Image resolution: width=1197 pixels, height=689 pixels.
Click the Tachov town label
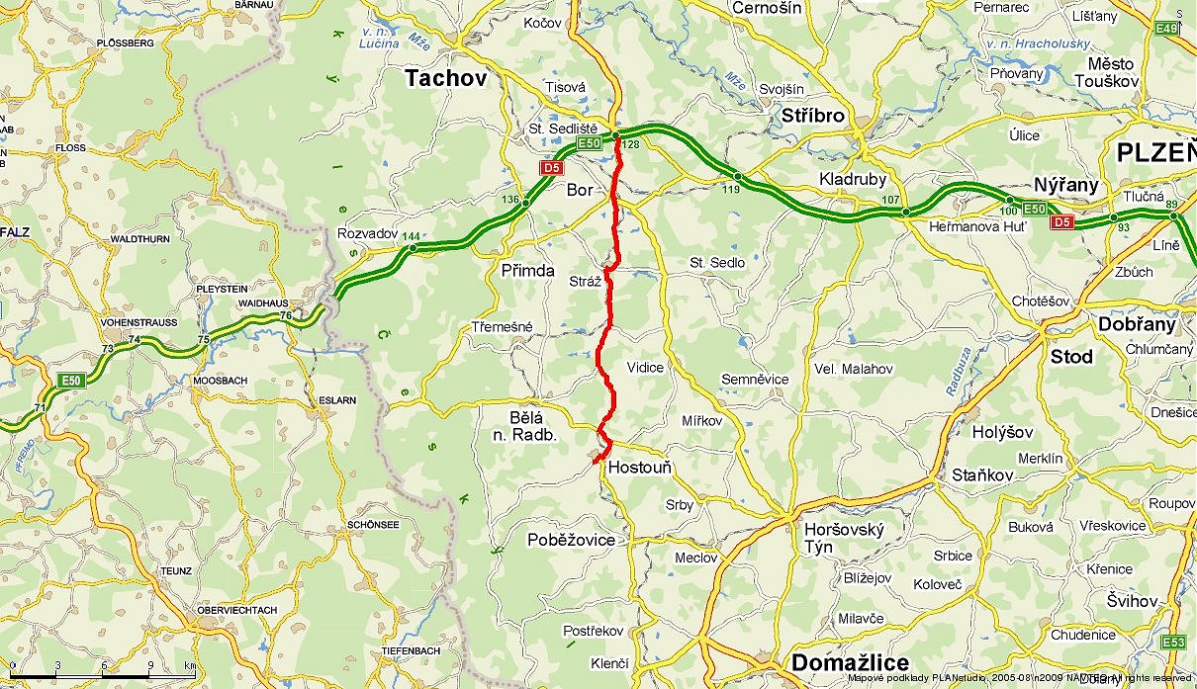(446, 80)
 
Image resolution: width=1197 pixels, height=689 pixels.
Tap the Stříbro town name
(812, 116)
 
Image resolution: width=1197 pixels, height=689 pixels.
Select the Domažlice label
(850, 663)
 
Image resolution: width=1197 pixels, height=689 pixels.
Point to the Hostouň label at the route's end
(640, 468)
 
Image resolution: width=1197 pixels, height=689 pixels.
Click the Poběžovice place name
(571, 540)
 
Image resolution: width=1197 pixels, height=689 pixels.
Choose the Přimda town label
(527, 271)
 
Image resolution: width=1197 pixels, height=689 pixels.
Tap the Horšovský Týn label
(843, 539)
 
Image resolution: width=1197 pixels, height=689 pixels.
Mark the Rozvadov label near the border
(367, 234)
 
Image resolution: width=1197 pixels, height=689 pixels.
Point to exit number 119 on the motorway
(732, 189)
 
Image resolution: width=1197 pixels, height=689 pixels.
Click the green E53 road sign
(1174, 643)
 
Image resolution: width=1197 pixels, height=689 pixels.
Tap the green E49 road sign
(1167, 29)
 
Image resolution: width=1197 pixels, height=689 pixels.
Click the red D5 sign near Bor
(551, 168)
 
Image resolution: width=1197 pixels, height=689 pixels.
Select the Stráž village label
(585, 282)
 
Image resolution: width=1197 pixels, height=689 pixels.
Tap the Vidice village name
(645, 368)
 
